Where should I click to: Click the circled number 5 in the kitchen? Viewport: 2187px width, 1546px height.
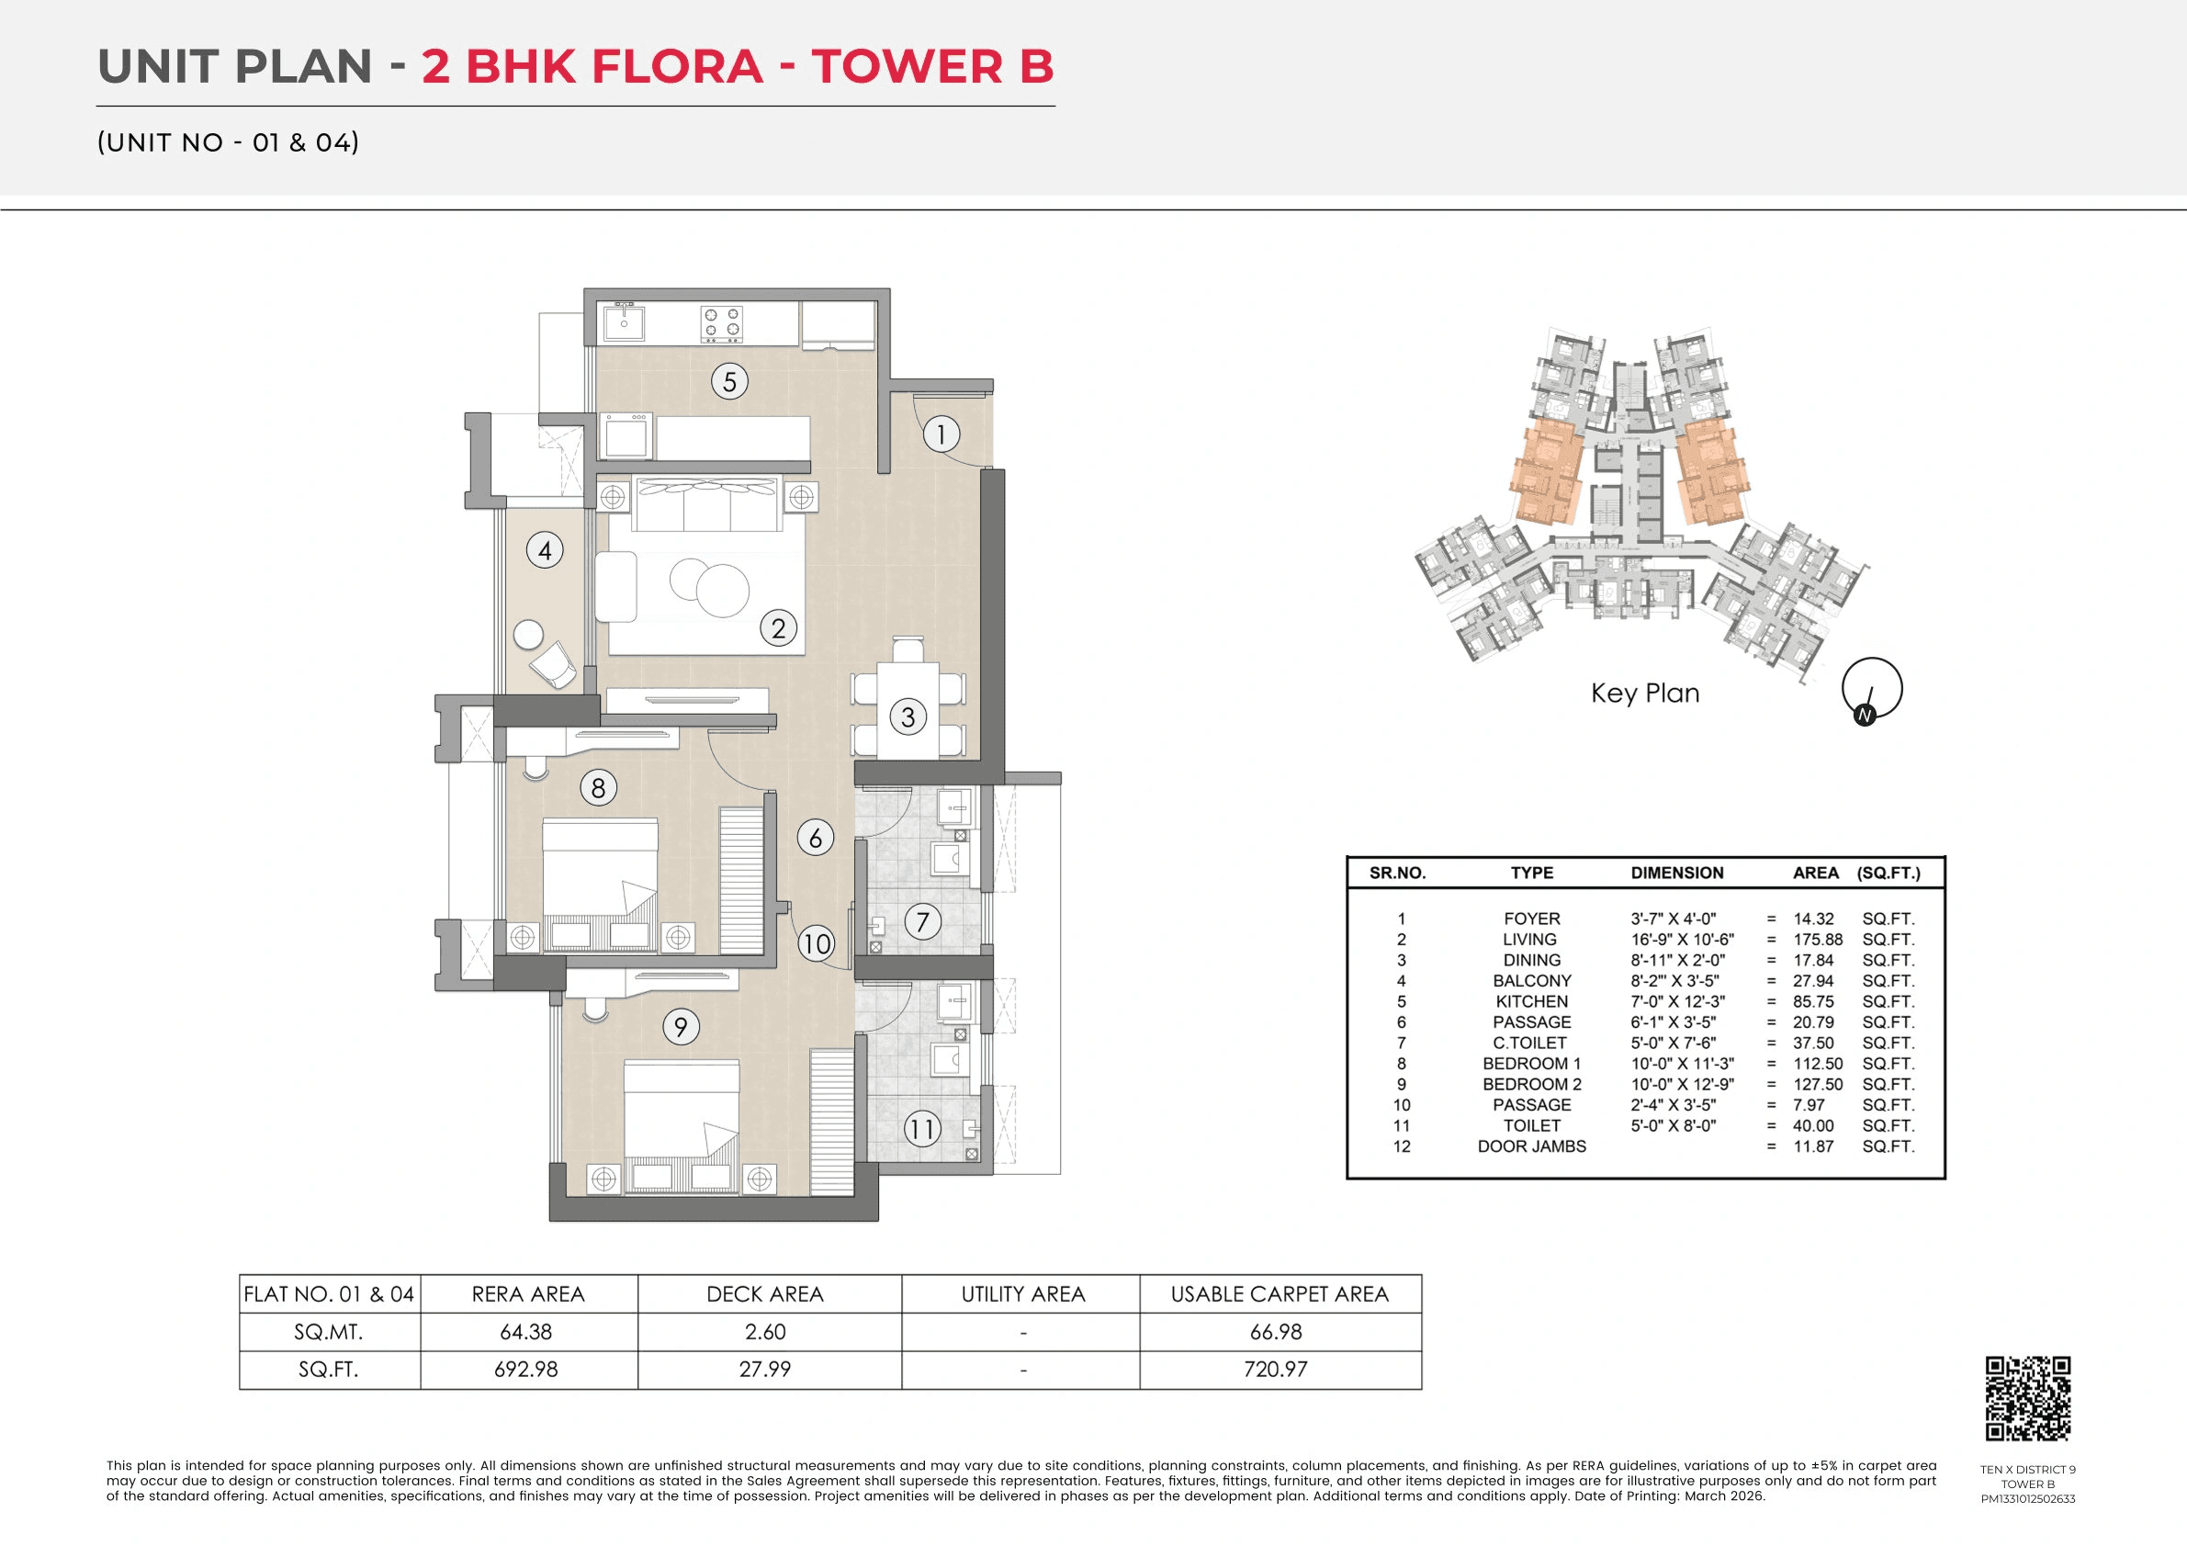click(729, 382)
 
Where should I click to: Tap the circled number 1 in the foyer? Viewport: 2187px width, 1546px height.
click(941, 434)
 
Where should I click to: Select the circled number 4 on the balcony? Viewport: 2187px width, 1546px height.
click(545, 550)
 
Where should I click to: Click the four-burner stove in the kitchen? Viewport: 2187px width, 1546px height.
click(721, 324)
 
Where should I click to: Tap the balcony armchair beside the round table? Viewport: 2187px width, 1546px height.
click(554, 663)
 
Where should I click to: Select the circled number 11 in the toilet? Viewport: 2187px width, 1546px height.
click(921, 1130)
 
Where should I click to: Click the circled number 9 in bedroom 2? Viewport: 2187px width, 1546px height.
click(680, 1027)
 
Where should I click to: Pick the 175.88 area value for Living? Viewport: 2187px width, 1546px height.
click(1818, 939)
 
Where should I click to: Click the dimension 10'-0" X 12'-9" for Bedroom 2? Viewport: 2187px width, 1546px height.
click(1682, 1084)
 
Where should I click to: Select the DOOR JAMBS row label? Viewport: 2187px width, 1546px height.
click(1532, 1145)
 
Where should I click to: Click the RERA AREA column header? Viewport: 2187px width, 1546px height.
click(528, 1293)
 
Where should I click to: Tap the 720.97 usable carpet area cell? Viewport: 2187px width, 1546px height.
click(1276, 1369)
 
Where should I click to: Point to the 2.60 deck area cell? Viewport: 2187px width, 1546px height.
click(765, 1332)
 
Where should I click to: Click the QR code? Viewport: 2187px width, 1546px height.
click(2028, 1398)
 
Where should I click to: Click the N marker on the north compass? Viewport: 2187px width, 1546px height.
click(1864, 715)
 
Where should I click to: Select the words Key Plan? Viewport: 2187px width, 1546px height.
click(1645, 693)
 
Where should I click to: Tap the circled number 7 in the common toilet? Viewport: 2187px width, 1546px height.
click(922, 921)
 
